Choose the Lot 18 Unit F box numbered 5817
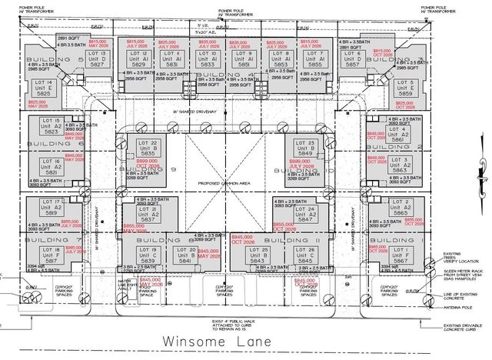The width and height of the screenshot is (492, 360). click(x=52, y=255)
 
